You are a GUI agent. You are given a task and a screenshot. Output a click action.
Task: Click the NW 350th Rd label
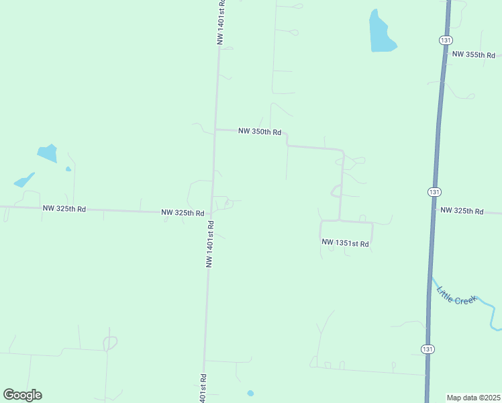(x=259, y=132)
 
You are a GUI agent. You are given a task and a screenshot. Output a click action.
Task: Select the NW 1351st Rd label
(x=345, y=243)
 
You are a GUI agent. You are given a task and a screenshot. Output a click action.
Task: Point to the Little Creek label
(x=456, y=296)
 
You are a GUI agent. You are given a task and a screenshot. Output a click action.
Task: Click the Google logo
(x=22, y=394)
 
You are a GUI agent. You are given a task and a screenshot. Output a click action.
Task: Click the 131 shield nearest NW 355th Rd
(x=446, y=40)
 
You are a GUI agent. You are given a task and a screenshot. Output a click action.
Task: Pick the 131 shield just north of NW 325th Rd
(x=434, y=192)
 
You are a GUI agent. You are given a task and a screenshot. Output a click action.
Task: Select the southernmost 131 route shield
(x=427, y=349)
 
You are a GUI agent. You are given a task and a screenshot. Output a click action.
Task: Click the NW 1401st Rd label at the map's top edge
(x=220, y=23)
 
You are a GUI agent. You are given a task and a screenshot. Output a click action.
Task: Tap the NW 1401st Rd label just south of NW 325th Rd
(x=209, y=244)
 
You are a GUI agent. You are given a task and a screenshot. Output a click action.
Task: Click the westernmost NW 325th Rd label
(x=64, y=209)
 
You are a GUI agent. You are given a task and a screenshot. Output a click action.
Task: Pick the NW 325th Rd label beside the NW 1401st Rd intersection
(x=183, y=213)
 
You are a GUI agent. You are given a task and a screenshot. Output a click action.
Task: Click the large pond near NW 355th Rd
(x=381, y=32)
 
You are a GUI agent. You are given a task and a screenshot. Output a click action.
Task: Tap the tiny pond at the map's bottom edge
(x=250, y=393)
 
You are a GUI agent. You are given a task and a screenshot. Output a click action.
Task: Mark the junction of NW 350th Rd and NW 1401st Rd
(x=215, y=129)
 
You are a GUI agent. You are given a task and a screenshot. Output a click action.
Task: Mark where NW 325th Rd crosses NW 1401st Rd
(x=211, y=213)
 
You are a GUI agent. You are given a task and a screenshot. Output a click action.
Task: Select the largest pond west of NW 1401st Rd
(x=48, y=153)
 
